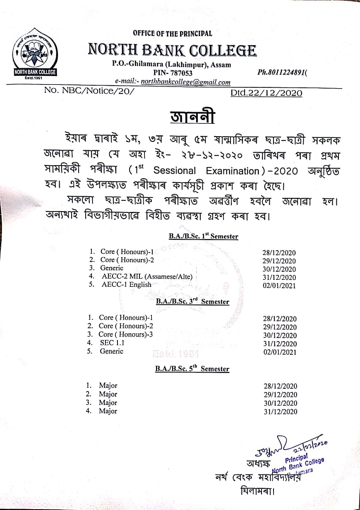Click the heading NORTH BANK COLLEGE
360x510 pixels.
pos(172,51)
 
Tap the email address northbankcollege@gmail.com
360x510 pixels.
pos(185,82)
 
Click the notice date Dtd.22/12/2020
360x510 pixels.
pos(266,93)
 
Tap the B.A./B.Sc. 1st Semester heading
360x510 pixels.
pos(203,236)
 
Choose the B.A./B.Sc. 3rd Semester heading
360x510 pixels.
pos(192,302)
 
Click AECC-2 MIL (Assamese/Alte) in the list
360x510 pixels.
pos(147,277)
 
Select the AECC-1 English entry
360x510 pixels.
pos(126,285)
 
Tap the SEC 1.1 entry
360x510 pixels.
pos(112,343)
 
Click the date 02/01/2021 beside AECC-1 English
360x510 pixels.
pos(279,286)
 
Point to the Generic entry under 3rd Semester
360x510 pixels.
pos(111,351)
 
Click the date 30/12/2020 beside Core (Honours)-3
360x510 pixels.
pos(280,336)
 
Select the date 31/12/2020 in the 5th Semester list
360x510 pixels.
pos(280,411)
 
